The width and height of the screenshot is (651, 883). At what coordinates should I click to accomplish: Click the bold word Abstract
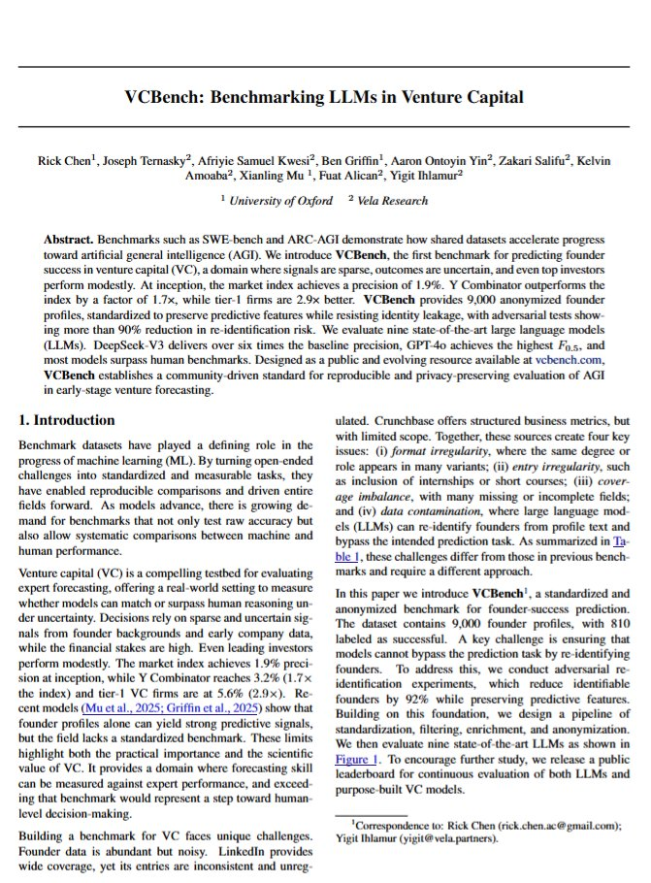point(73,239)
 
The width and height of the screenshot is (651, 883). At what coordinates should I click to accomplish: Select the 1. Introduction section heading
point(67,421)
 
